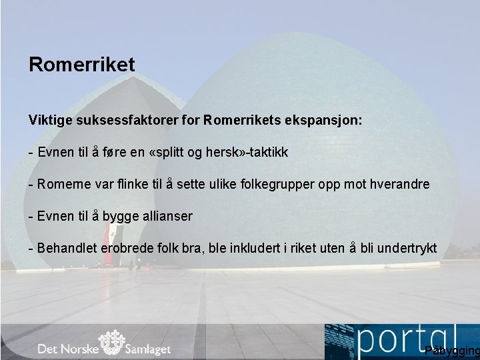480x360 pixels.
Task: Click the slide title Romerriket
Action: pyautogui.click(x=81, y=65)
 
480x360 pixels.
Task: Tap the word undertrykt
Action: pyautogui.click(x=407, y=248)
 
